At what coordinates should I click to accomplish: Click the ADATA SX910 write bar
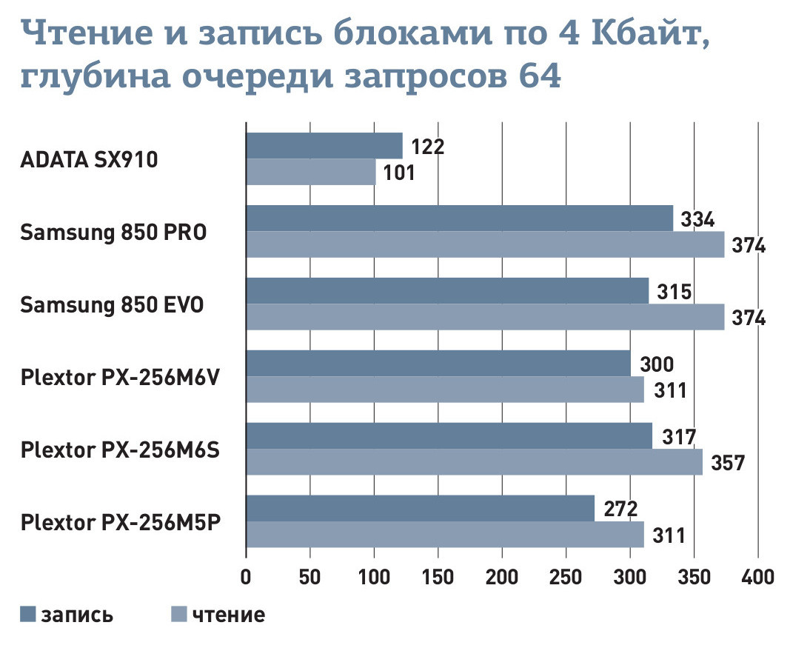[324, 146]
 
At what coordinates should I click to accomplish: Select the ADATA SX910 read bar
[310, 173]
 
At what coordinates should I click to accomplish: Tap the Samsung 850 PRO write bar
[459, 218]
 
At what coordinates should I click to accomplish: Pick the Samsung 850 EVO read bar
[485, 317]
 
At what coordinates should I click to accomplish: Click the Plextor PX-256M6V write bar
[438, 364]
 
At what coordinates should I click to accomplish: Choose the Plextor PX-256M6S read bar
[474, 462]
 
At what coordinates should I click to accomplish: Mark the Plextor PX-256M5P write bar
[420, 509]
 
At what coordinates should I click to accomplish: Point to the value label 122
[427, 147]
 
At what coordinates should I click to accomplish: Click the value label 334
[697, 219]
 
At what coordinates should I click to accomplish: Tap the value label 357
[727, 463]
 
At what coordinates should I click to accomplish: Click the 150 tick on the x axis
[438, 576]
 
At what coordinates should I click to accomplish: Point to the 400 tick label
[757, 576]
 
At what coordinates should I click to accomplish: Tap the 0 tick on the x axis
[246, 576]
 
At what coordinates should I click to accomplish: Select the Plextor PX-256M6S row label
[121, 450]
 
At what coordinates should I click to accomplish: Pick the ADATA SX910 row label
[89, 159]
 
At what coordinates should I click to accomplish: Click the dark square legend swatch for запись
[28, 614]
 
